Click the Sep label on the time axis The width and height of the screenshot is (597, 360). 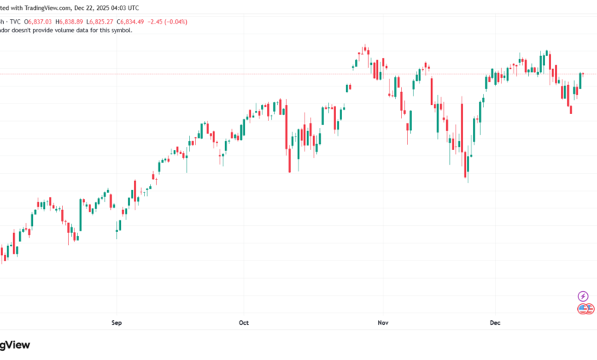(116, 323)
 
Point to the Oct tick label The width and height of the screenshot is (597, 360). (243, 323)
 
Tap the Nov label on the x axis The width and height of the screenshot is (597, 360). (383, 323)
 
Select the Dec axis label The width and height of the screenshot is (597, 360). (494, 323)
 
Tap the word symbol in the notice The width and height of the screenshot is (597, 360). (120, 30)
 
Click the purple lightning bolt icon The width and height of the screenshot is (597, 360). (583, 296)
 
